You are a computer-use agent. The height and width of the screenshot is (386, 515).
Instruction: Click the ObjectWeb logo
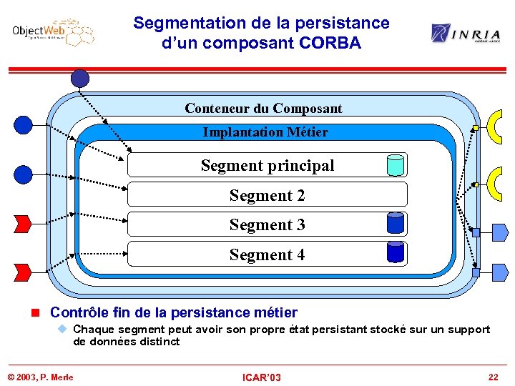tap(52, 32)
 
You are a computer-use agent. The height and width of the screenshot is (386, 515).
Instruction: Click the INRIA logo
tap(465, 33)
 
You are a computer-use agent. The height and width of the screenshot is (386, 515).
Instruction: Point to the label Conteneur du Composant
tap(263, 109)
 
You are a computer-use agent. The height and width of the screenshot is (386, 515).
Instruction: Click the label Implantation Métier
tap(265, 132)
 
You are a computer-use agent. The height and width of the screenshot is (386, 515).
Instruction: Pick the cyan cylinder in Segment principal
tap(395, 165)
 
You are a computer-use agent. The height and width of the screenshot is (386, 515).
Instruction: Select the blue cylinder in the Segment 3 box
tap(395, 224)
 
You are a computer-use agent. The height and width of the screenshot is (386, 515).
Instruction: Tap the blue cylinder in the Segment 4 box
tap(395, 252)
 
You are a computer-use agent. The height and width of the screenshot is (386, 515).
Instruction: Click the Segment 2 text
tap(267, 195)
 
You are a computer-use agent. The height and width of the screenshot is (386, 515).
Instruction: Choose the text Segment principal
tap(267, 166)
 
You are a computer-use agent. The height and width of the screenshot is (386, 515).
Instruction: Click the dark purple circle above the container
tap(80, 78)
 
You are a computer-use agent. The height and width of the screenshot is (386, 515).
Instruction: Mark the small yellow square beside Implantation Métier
tap(476, 129)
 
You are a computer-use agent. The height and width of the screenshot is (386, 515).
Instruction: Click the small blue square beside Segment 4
tap(476, 272)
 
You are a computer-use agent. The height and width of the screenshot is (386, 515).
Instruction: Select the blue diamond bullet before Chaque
tap(62, 329)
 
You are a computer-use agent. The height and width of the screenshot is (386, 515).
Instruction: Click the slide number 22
tap(493, 377)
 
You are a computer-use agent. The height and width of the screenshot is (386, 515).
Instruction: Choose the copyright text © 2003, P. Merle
tap(40, 377)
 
